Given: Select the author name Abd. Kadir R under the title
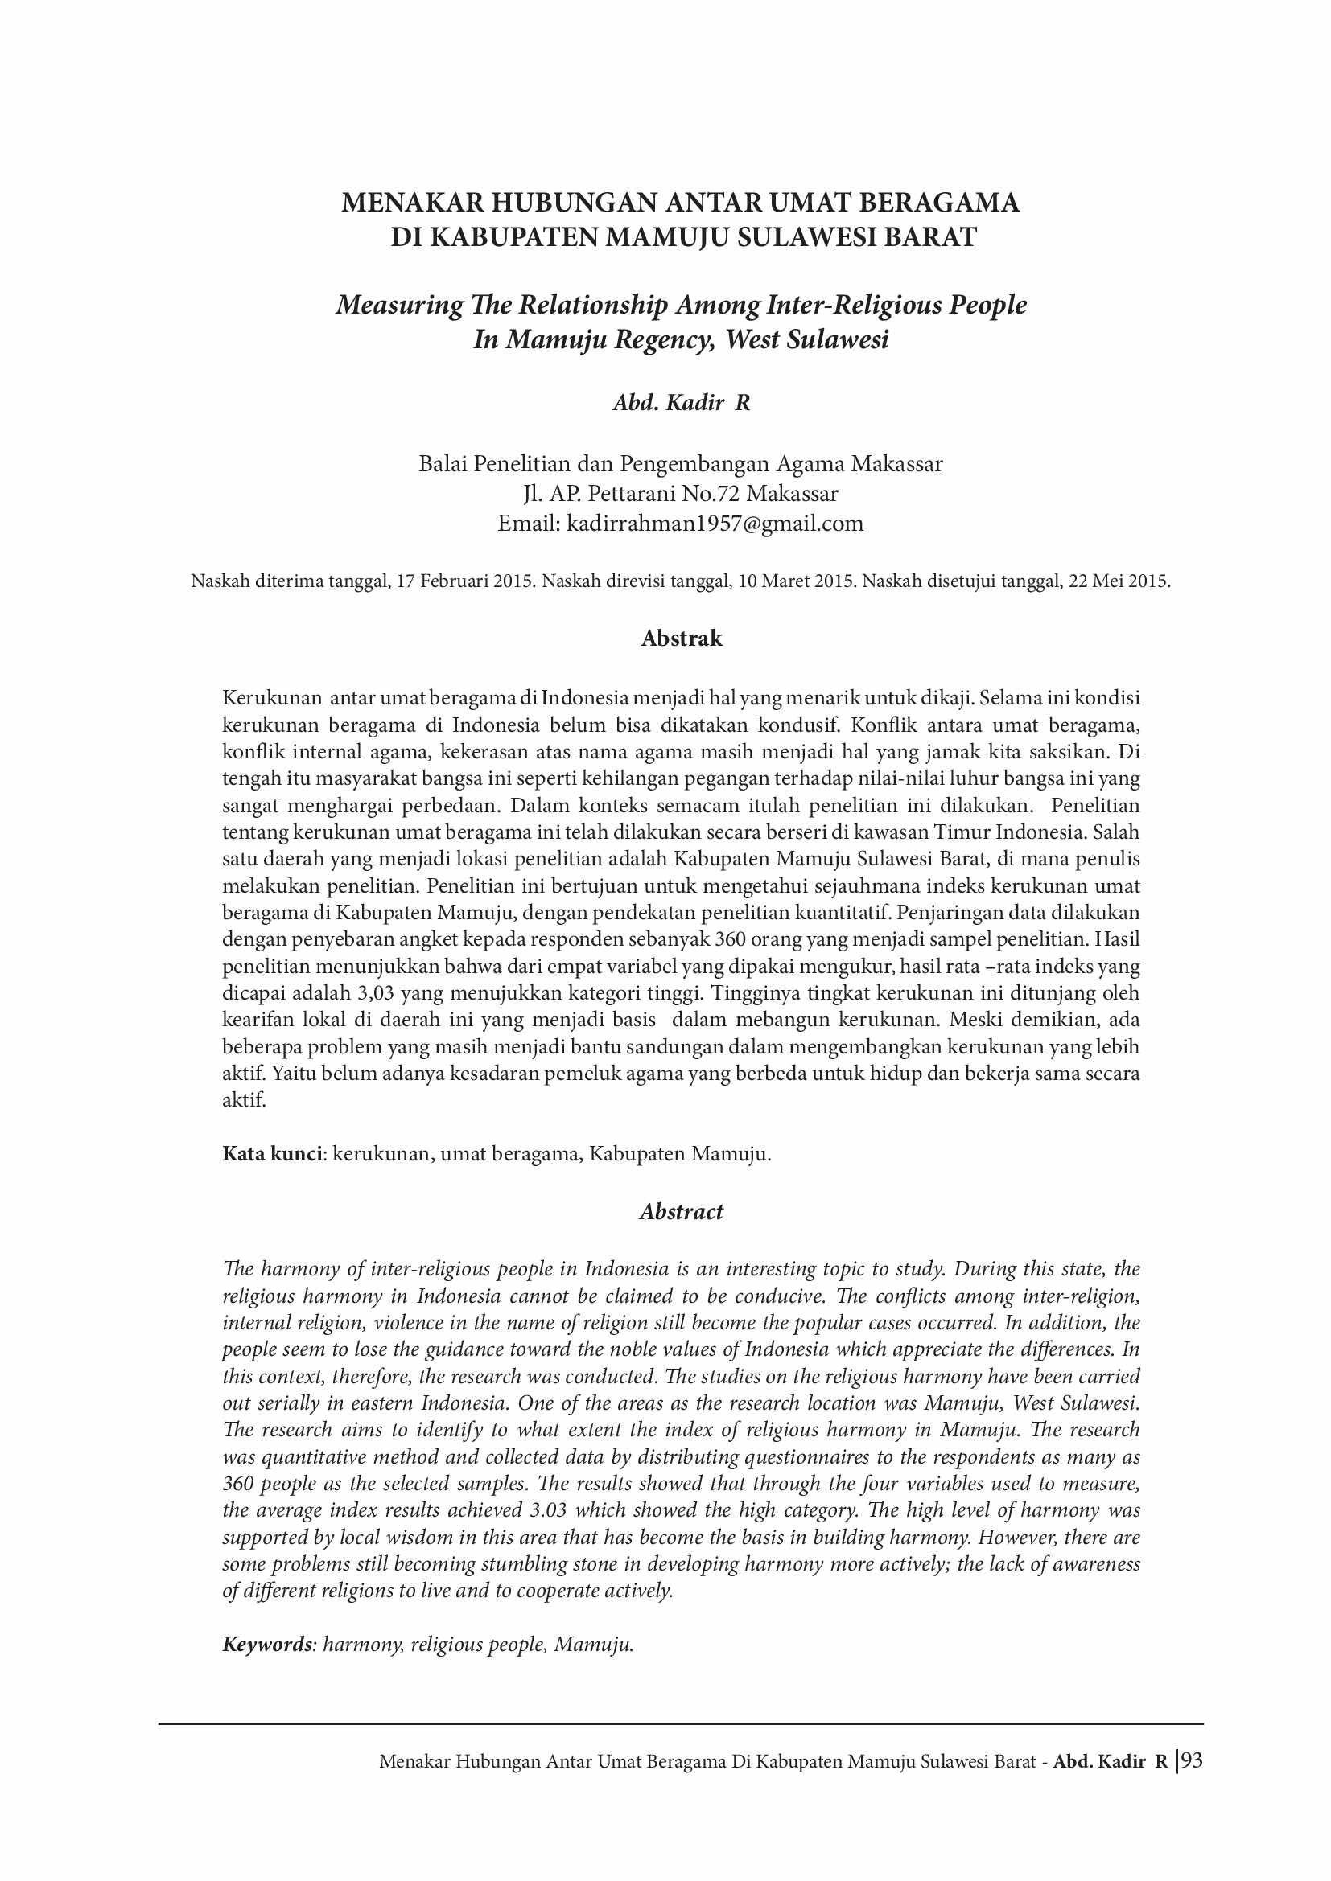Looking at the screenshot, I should point(681,402).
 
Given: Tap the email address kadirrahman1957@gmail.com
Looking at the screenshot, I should point(715,524).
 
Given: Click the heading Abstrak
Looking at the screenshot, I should point(681,639).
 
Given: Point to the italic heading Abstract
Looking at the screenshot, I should point(681,1211).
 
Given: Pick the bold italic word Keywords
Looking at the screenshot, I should point(267,1644).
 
